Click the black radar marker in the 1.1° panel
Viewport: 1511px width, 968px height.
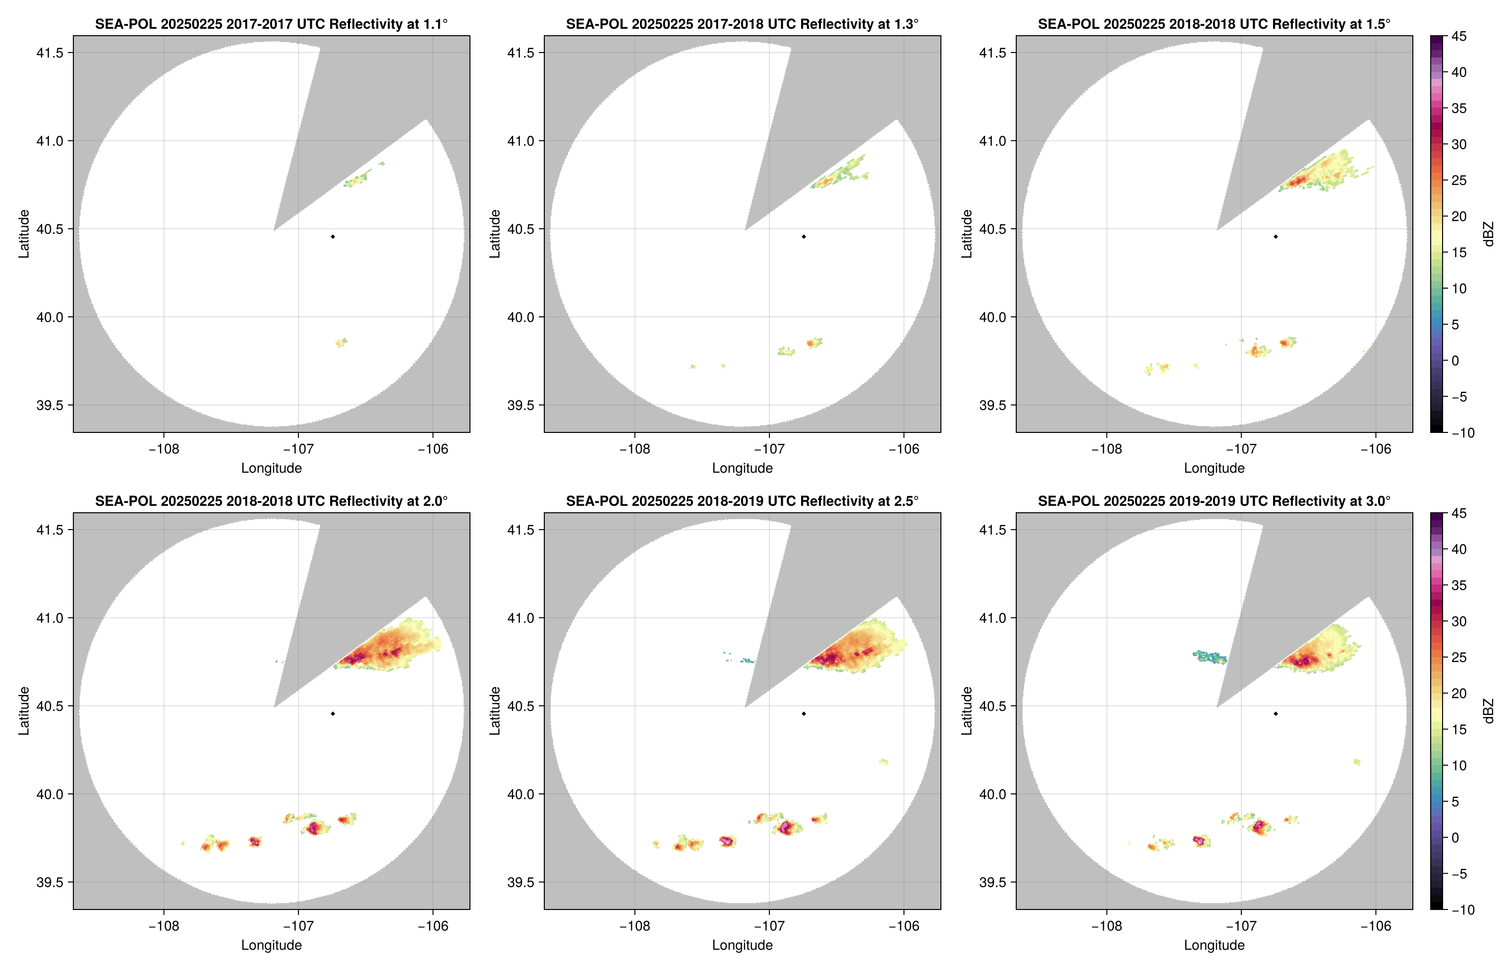[332, 237]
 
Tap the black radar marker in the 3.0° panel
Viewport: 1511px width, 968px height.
[1276, 714]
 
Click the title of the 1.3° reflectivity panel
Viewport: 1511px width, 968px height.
[742, 24]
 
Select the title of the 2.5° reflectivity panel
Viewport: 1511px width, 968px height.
[742, 501]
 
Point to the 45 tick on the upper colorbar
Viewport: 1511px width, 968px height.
[1459, 37]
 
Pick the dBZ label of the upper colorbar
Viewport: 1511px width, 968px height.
[1488, 234]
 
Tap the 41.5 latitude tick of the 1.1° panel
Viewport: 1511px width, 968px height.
[50, 53]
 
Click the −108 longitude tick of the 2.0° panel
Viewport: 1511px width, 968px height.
[164, 926]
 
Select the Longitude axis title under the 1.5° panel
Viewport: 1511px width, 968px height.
[1214, 468]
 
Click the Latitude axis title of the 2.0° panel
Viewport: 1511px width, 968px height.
[24, 711]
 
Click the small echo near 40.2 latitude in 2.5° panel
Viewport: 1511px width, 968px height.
[883, 761]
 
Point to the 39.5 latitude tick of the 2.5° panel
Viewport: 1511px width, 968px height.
[522, 882]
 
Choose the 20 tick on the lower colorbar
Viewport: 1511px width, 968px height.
[1459, 693]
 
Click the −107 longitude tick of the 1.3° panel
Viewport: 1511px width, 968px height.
[768, 449]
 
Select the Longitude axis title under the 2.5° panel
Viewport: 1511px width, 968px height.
[742, 945]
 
